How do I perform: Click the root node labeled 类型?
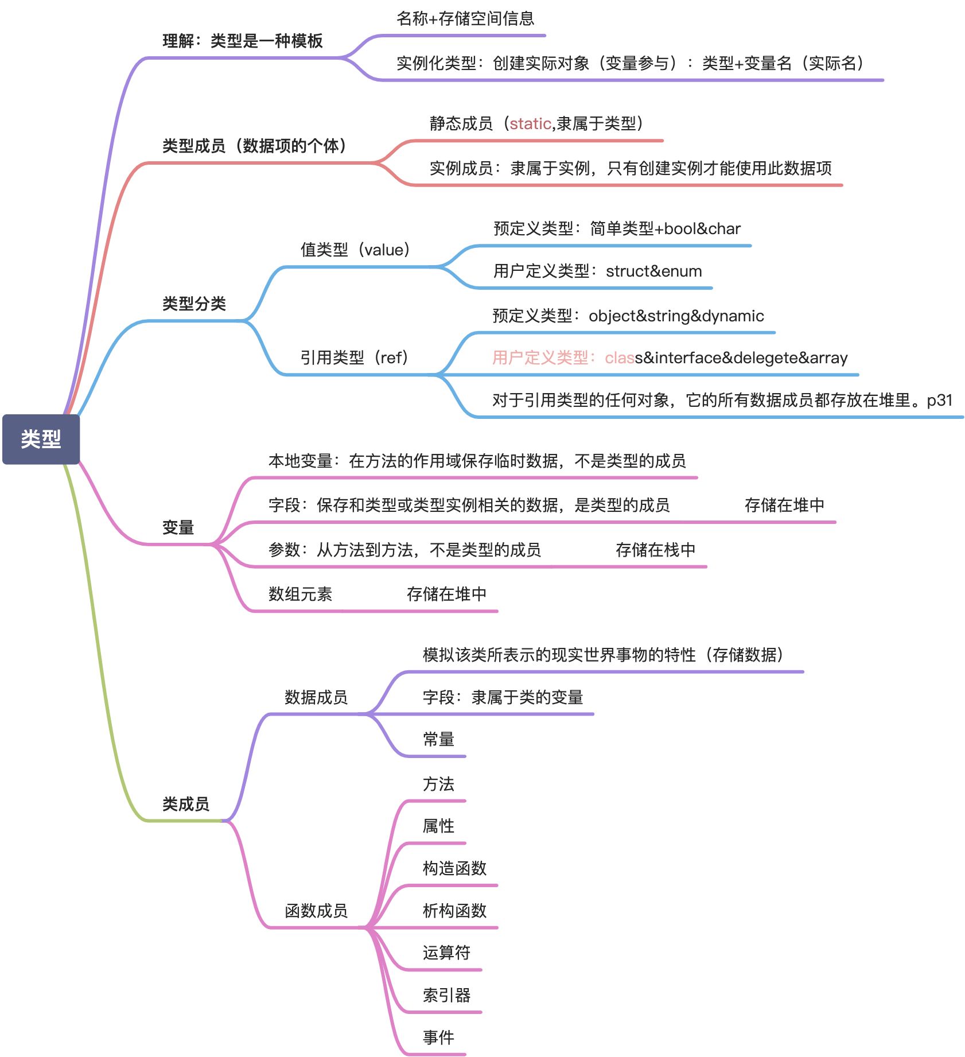[41, 439]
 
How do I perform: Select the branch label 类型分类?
[194, 304]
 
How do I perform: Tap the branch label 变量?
[178, 527]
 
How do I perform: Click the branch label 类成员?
[185, 804]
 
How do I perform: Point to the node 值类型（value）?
[355, 250]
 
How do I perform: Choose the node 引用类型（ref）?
[353, 357]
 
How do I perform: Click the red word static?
[530, 123]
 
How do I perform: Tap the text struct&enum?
[653, 271]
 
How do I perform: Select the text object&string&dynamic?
[676, 316]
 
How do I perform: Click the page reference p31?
[939, 400]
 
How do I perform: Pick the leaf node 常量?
[438, 739]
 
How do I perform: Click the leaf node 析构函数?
[454, 910]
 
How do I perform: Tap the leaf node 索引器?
[446, 995]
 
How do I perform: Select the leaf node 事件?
[438, 1037]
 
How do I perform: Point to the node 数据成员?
[316, 697]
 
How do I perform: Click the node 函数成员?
[316, 911]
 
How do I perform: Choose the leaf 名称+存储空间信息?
[465, 19]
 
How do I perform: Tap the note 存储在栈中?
[655, 550]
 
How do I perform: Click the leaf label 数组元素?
[300, 594]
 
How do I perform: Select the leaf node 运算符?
[446, 953]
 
